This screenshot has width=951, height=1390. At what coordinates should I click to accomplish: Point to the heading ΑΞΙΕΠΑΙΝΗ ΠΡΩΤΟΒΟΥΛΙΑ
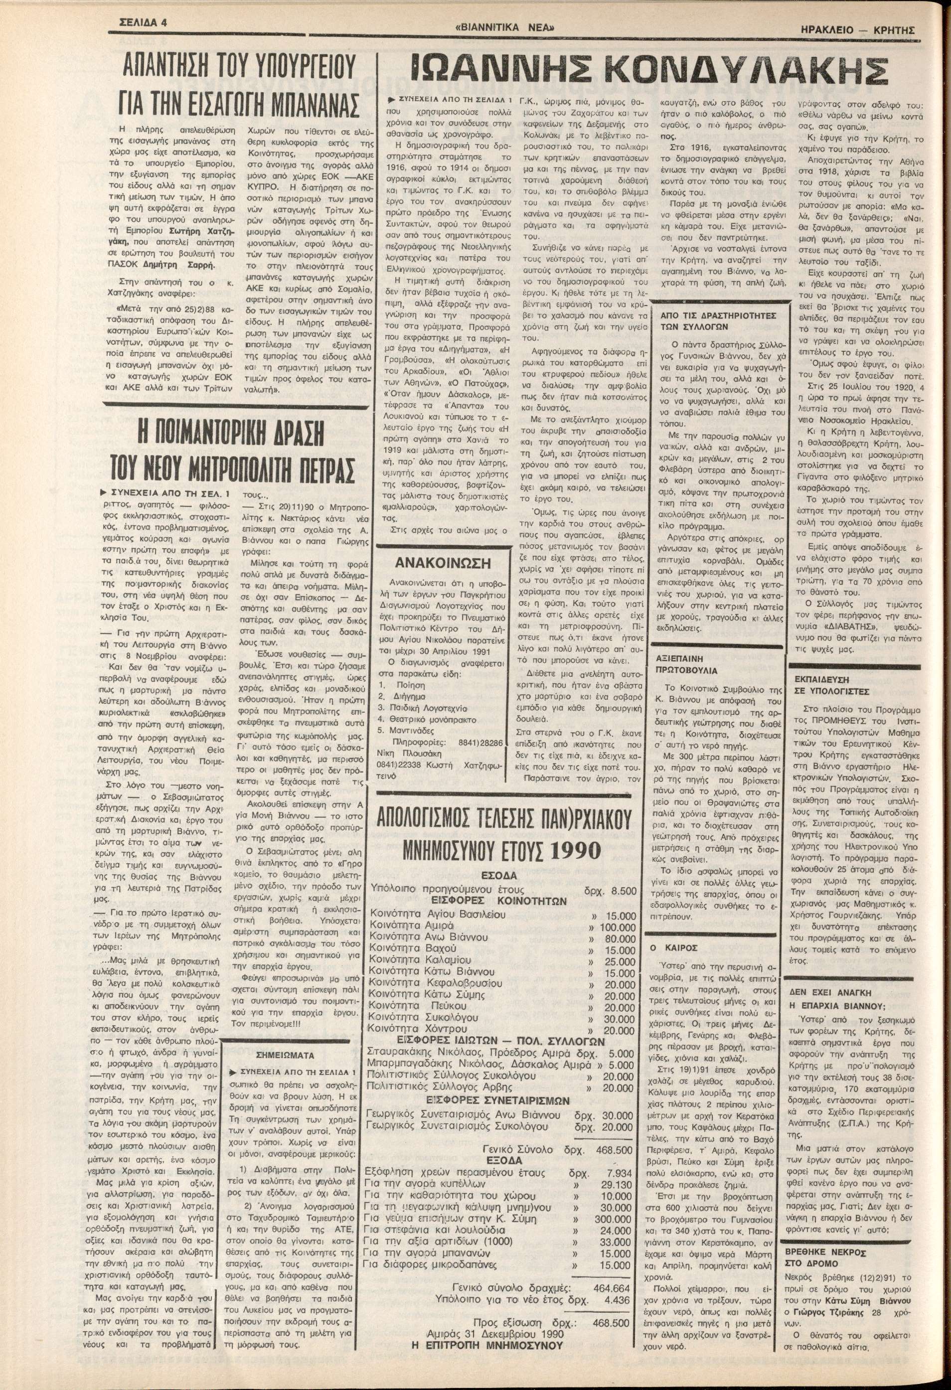pyautogui.click(x=684, y=663)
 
